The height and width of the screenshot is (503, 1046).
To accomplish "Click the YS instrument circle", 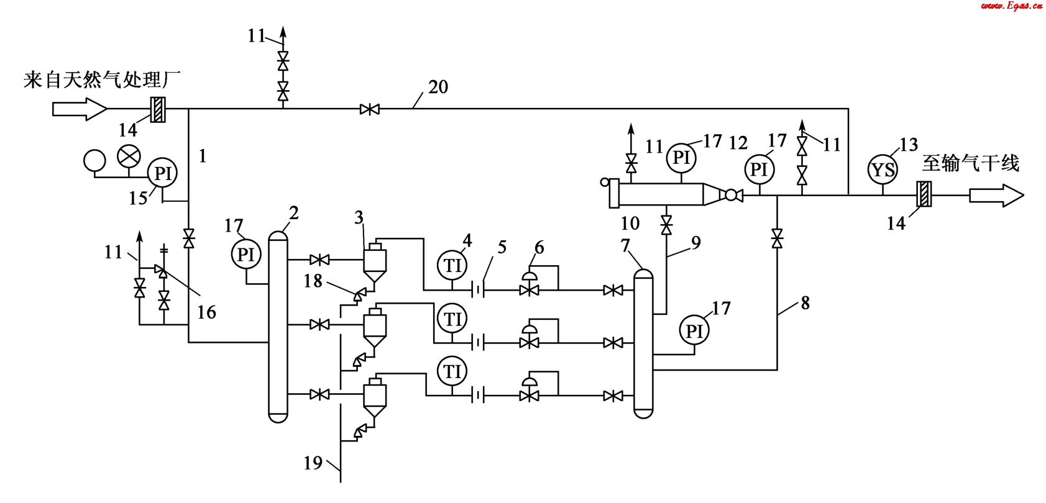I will tap(883, 170).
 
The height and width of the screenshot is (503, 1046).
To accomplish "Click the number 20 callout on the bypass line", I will tap(438, 87).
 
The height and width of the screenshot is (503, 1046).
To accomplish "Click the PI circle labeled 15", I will tap(163, 173).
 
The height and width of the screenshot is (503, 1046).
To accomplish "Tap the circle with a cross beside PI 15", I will tap(129, 156).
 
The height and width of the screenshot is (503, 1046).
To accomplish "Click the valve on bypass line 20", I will tap(370, 110).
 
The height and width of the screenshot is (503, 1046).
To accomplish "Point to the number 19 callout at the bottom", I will tap(313, 463).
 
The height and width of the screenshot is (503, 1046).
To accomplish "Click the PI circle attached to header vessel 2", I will tap(246, 254).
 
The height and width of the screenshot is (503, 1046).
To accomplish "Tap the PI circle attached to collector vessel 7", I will tap(694, 330).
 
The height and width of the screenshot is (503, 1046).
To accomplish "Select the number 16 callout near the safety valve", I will tap(206, 312).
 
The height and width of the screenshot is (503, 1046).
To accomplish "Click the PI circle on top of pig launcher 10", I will tap(681, 157).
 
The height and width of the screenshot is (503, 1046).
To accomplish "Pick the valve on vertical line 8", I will tap(777, 238).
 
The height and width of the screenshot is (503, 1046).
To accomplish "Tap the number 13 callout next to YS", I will tap(908, 145).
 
